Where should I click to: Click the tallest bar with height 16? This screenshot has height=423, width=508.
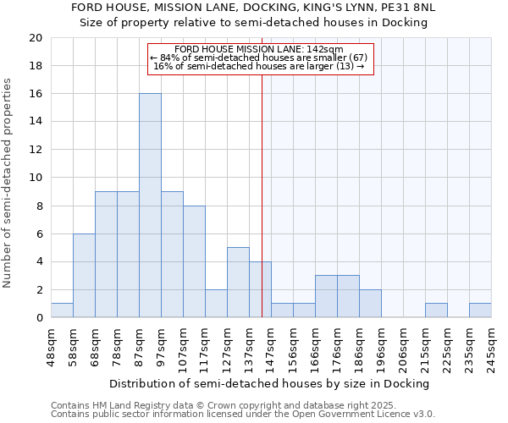150,206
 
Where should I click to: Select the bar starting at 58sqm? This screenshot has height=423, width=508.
84,276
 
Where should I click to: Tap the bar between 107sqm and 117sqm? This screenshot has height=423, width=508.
194,261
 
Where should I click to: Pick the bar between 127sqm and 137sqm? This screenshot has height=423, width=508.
238,283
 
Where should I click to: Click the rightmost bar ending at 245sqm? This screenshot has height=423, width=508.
480,310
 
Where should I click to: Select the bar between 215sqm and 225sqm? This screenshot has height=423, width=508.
436,310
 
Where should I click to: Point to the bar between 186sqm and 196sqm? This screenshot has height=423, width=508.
370,304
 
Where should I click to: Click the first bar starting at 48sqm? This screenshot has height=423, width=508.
62,310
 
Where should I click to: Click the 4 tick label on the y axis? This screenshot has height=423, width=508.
39,261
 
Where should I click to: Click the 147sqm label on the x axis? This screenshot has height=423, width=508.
271,348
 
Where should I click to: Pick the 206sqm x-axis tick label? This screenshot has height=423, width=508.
403,348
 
